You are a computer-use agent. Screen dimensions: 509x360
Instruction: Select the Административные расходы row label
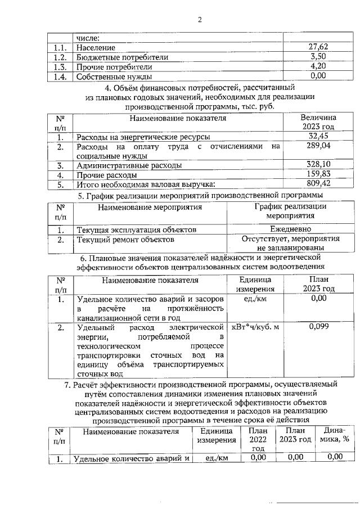pyautogui.click(x=129, y=166)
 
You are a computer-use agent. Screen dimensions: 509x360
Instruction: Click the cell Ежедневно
pyautogui.click(x=290, y=230)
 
